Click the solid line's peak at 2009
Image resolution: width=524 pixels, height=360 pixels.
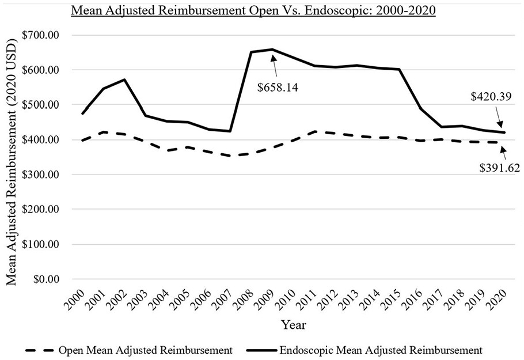tap(272, 50)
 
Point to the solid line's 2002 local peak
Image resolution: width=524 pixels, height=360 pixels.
tap(125, 79)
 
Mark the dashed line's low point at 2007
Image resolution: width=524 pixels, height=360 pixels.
tap(230, 156)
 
